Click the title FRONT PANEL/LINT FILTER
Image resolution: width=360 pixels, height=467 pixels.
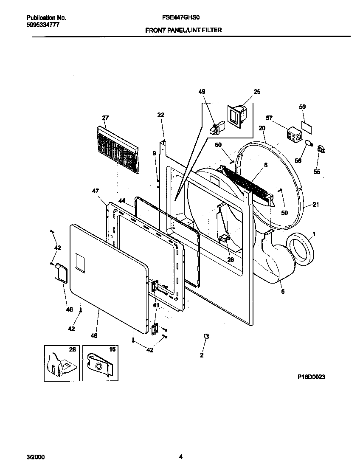(x=183, y=30)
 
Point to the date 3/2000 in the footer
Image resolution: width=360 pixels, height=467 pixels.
(x=36, y=457)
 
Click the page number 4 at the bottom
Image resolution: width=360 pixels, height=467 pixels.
(x=180, y=457)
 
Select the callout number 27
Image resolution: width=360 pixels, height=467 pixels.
(x=105, y=118)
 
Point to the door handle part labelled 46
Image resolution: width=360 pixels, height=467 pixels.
(x=61, y=272)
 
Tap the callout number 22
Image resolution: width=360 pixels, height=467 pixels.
(x=160, y=115)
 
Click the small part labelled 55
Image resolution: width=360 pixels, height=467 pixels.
(x=321, y=149)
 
